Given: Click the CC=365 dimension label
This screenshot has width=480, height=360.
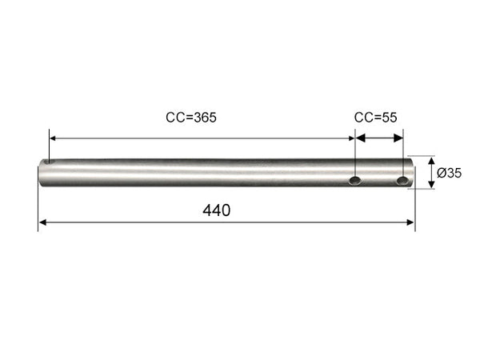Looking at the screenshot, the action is point(191,118).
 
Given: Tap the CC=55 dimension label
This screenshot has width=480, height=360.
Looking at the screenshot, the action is point(375,118).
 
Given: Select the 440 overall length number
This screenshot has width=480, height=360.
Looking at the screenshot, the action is point(217,210).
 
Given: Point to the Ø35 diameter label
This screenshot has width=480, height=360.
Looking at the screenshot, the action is point(449,173).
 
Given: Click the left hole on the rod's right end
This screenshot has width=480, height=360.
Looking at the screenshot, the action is point(355,181).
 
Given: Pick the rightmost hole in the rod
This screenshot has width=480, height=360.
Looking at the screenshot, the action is point(402,181).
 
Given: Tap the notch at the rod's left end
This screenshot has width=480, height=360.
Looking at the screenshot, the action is point(48,162).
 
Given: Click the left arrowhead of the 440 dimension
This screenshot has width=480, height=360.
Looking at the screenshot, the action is point(42,222).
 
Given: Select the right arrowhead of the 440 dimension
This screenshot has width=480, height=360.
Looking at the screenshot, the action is point(410,222).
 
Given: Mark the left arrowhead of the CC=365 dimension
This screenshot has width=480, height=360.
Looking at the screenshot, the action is point(53,138).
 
